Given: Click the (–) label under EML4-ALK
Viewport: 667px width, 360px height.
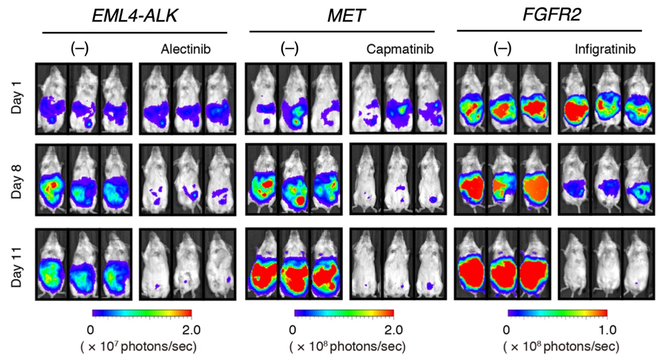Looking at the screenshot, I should tap(80, 49).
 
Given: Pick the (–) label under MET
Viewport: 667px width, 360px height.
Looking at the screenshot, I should tap(289, 49).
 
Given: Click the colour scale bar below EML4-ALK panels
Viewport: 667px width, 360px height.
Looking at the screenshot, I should tap(142, 314).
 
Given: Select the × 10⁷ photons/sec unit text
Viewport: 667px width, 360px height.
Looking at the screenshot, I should tap(138, 346).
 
